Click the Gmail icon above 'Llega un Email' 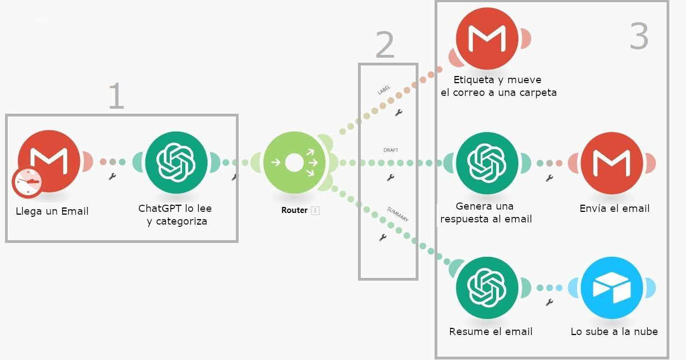(49, 161)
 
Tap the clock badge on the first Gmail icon (27, 182)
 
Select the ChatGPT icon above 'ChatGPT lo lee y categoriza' (176, 161)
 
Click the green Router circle (294, 163)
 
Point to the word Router (294, 210)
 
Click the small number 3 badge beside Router (315, 210)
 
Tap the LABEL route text (384, 89)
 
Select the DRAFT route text (391, 150)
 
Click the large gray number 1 (115, 96)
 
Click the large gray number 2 (385, 45)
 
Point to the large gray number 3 (639, 37)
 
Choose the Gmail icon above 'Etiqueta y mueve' (487, 38)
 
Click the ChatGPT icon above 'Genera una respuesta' (487, 163)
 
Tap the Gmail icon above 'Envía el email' (612, 163)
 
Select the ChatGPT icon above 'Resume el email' (487, 287)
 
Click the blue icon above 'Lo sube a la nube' (612, 287)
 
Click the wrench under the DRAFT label (391, 178)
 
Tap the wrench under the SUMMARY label (382, 237)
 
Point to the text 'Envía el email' (614, 209)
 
